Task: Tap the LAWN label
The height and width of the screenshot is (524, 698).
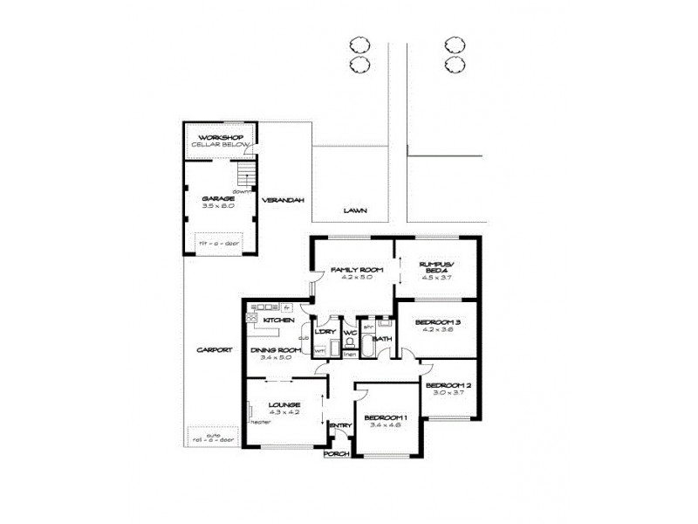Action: (x=354, y=210)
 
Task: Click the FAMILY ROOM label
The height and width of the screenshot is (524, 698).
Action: (x=351, y=269)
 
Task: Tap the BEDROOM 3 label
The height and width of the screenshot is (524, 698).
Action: (x=435, y=322)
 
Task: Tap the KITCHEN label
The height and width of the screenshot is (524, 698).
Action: (x=277, y=321)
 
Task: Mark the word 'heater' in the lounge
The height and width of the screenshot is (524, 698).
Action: (x=259, y=421)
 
